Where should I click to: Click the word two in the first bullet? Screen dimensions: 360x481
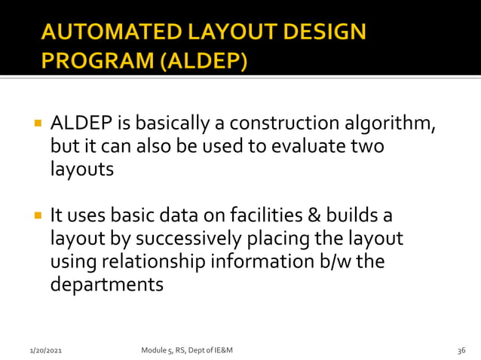367,146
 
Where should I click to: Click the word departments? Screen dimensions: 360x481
106,285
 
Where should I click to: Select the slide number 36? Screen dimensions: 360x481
461,351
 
